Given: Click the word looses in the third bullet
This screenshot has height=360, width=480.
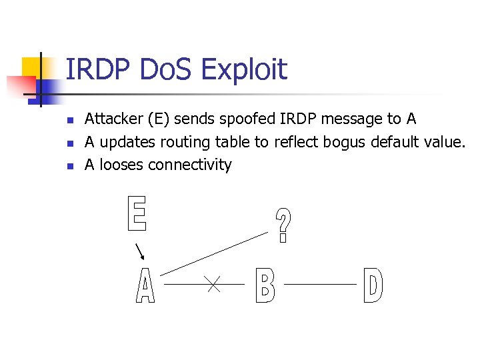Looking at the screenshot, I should coord(122,165).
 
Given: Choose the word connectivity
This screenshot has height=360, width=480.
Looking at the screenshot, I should coord(190,165).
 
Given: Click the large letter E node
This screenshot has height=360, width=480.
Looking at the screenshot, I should coord(136,214).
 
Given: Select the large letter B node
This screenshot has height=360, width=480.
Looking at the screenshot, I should coord(265,285).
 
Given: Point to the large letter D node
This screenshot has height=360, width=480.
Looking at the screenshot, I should coord(373,285).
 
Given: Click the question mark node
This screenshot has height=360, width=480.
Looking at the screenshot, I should coord(284,225).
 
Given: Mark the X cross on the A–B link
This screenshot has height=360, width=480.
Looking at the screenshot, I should coord(213,285).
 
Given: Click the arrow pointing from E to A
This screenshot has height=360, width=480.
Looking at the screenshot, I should coord(141,253).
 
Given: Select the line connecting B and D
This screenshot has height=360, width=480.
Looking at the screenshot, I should coord(321,284).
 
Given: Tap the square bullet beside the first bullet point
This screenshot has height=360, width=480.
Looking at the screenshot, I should coord(69,121).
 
